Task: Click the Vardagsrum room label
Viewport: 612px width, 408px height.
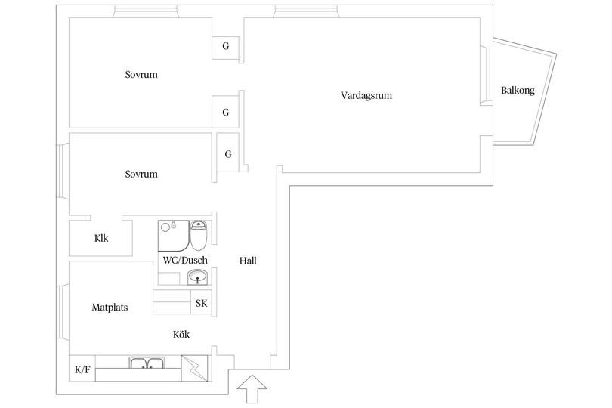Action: [x=366, y=96]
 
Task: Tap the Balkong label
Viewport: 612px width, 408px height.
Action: [x=518, y=91]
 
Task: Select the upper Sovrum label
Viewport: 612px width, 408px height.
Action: [x=141, y=75]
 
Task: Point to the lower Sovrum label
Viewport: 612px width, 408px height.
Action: [x=141, y=174]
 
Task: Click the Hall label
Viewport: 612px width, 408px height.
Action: [x=248, y=261]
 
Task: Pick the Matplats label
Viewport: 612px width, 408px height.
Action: [x=110, y=308]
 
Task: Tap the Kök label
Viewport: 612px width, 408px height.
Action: [x=181, y=334]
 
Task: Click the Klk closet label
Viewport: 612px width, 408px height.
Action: [x=101, y=238]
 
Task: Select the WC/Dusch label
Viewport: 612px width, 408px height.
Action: [x=185, y=261]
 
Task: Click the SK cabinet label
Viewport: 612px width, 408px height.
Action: [x=202, y=303]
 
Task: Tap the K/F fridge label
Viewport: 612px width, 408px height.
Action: [x=82, y=369]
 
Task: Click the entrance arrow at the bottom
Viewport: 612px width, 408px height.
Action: [x=252, y=389]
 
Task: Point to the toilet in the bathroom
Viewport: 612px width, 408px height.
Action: [x=199, y=235]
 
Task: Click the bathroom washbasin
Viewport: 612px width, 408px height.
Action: [x=197, y=277]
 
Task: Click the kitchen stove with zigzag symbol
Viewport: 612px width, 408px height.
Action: [x=195, y=368]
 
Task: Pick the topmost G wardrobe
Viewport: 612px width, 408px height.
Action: [x=225, y=47]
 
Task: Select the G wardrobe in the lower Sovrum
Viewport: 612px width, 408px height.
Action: [x=227, y=153]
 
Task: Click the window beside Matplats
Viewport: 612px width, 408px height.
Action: [x=62, y=312]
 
